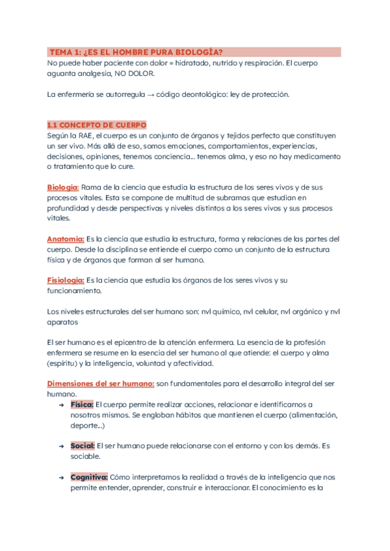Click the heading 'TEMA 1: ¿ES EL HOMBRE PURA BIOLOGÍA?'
(136, 52)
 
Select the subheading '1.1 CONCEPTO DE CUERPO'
(97, 124)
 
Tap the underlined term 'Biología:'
(63, 187)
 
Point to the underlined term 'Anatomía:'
(66, 238)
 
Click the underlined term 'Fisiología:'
(66, 280)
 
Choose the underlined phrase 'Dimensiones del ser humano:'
(101, 383)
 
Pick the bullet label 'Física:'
(82, 404)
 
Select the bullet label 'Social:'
(83, 446)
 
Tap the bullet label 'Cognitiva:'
(89, 477)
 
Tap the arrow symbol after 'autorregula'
(149, 94)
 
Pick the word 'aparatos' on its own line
(63, 322)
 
